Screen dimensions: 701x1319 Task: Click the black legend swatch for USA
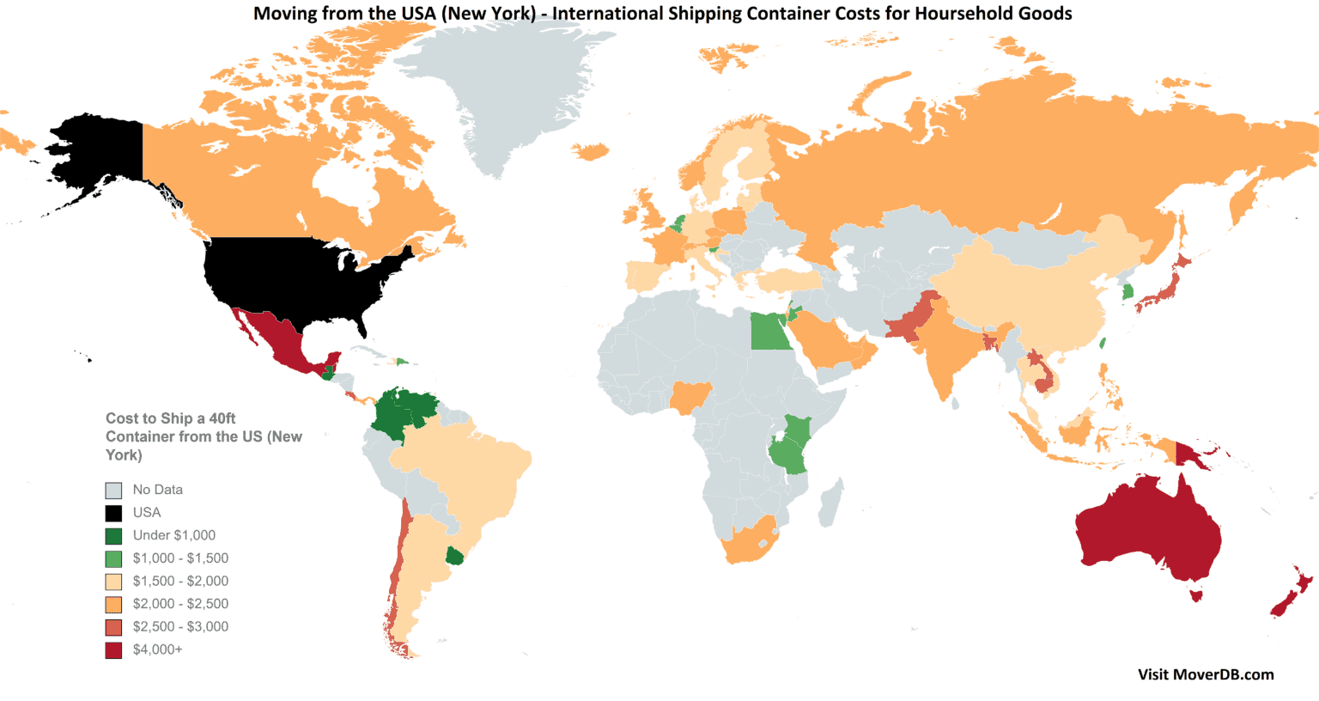[113, 513]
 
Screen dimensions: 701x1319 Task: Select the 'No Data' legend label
[157, 490]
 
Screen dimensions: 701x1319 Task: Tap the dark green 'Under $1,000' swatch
[113, 536]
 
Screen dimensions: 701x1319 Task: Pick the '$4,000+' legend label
[157, 649]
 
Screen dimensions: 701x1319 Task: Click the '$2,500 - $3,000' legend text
[180, 627]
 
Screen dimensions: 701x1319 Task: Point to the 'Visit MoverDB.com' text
[1206, 674]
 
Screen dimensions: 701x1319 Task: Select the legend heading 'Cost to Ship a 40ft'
[170, 418]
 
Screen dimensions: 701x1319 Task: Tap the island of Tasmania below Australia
[1195, 594]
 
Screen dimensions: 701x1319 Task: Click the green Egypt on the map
[770, 332]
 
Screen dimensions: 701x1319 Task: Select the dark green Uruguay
[455, 557]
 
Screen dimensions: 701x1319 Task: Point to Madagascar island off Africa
[830, 503]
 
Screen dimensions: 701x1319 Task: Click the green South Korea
[1126, 292]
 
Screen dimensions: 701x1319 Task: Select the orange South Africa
[749, 541]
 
